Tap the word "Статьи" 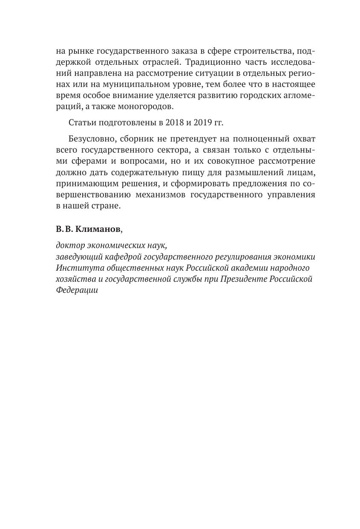click(x=82, y=123)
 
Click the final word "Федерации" click(x=77, y=290)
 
